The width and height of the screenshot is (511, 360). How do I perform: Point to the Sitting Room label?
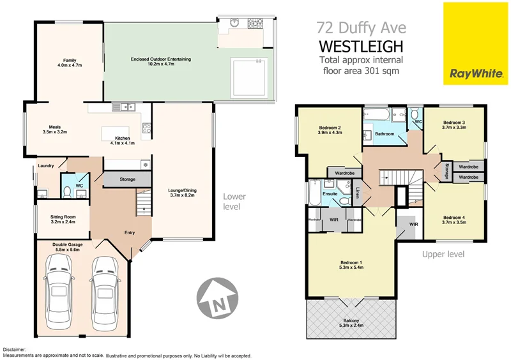pyautogui.click(x=63, y=220)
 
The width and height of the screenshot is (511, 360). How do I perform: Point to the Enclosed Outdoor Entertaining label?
pyautogui.click(x=161, y=60)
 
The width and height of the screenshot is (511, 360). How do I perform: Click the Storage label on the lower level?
pyautogui.click(x=127, y=179)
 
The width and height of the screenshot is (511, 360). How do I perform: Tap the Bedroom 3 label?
pyautogui.click(x=454, y=124)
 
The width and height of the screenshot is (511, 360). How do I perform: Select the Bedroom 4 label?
pyautogui.click(x=454, y=221)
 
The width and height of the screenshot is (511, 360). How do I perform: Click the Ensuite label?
pyautogui.click(x=330, y=193)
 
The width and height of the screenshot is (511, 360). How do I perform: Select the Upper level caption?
pyautogui.click(x=443, y=254)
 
